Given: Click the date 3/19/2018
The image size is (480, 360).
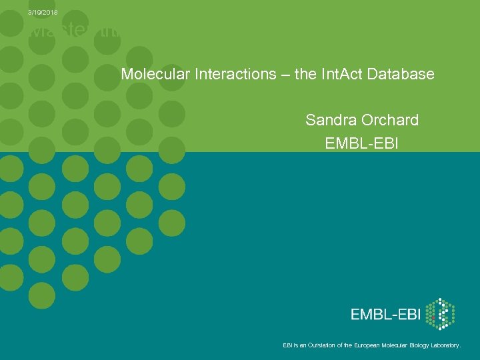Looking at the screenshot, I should point(43,13).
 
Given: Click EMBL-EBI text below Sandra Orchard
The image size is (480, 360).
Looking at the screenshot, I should point(361,143).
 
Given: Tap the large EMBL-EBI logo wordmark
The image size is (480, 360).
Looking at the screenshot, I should point(386,315).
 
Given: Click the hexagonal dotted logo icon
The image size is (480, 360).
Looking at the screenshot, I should point(439,314).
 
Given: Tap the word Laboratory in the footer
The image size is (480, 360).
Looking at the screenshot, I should point(445,345).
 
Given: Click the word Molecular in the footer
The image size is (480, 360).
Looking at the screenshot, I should point(394,345).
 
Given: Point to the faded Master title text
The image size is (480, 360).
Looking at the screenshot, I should point(73,31).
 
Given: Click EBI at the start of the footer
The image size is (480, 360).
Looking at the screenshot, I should point(287,345).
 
